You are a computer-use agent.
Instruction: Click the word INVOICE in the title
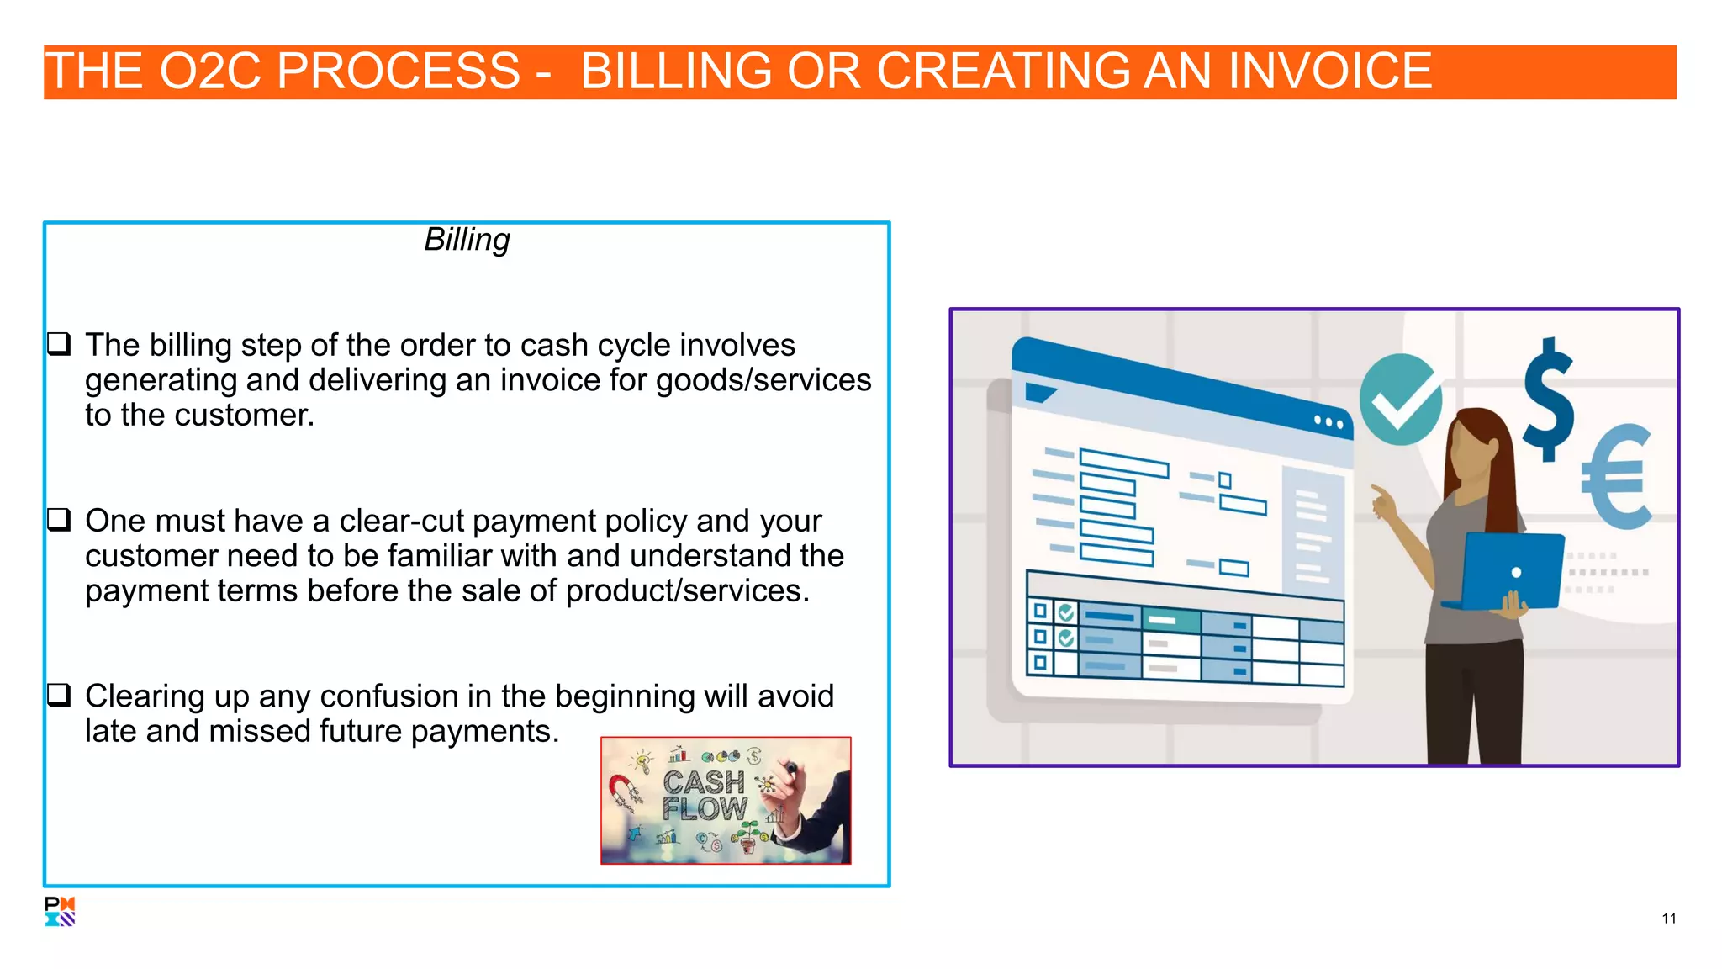tap(1330, 71)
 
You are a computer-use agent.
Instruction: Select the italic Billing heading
tap(467, 240)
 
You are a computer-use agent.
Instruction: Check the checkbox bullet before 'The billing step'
tap(59, 344)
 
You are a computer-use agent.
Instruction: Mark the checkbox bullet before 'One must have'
tap(59, 520)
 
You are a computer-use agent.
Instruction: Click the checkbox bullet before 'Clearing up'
tap(59, 696)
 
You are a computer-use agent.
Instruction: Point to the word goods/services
tap(763, 380)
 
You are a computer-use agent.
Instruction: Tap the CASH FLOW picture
tap(725, 800)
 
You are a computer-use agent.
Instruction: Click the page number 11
tap(1668, 919)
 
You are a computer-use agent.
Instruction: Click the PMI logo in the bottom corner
tap(60, 911)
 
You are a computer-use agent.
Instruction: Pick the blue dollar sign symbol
tap(1549, 400)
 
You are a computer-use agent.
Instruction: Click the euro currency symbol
tap(1616, 476)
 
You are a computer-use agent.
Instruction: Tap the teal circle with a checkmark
tap(1400, 400)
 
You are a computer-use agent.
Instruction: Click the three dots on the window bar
tap(1328, 422)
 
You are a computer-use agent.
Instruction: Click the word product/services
tap(687, 591)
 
